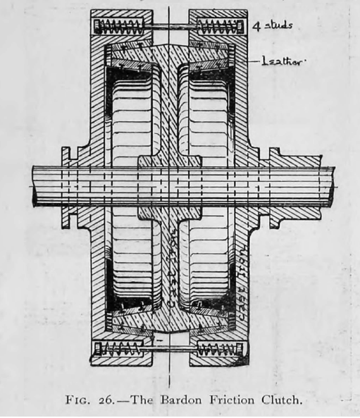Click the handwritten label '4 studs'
pos(272,26)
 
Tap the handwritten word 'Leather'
pos(283,61)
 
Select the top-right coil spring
pos(219,27)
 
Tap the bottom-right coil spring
pos(220,349)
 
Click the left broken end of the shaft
pos(34,186)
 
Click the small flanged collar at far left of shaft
pos(67,187)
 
